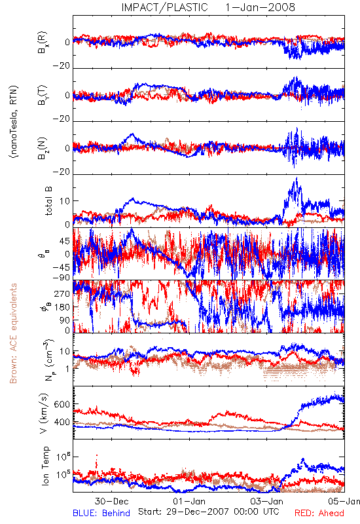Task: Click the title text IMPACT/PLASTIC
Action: tap(164, 7)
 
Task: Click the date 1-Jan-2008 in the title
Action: tap(260, 7)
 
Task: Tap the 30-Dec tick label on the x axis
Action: tap(111, 501)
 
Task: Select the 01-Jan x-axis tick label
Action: tap(189, 501)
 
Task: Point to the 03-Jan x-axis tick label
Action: tap(266, 501)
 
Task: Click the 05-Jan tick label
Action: tap(344, 501)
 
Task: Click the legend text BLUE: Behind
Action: tap(101, 513)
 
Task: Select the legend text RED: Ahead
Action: tap(319, 513)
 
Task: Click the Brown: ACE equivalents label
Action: tap(13, 333)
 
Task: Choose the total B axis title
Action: tap(48, 200)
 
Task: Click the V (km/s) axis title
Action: tap(45, 413)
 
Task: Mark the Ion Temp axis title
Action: tap(45, 466)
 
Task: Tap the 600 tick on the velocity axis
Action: tap(62, 404)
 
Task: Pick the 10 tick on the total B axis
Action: tap(65, 201)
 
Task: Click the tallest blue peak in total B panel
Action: tap(297, 178)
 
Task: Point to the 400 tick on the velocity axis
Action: tap(62, 422)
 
